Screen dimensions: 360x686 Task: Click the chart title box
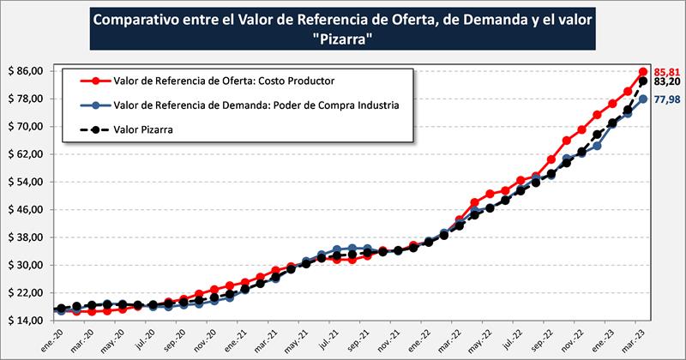coord(343,30)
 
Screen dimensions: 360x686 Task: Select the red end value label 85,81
coord(666,72)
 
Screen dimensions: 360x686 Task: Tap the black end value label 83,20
coord(667,82)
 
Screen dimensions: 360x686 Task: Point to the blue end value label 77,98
coord(667,100)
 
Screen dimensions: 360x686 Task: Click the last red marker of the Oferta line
coord(643,72)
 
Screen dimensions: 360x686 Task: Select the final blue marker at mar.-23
coord(643,99)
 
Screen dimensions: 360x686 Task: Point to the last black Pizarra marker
coord(643,81)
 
